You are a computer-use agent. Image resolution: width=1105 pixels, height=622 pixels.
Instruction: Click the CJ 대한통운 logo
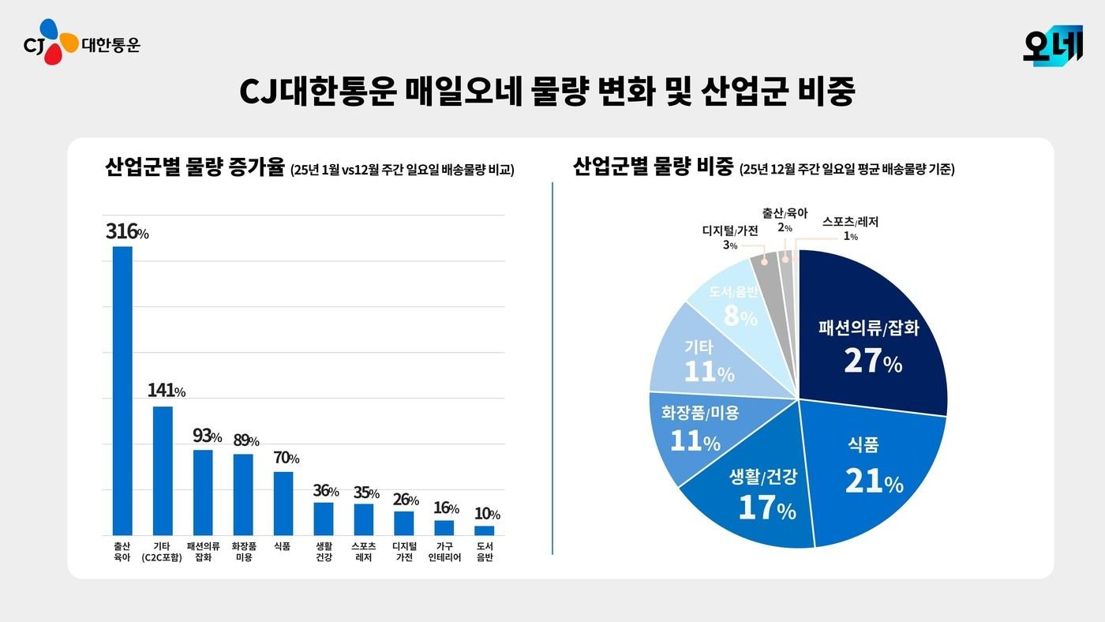[81, 43]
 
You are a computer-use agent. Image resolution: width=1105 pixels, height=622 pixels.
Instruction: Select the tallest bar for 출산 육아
[122, 390]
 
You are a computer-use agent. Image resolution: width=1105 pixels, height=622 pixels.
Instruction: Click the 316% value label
[127, 232]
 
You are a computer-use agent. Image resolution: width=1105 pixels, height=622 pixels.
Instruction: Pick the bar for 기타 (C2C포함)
[163, 470]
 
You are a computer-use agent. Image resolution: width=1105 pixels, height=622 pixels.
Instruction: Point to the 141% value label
[167, 391]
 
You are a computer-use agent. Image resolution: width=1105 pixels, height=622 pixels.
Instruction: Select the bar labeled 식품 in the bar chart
[283, 503]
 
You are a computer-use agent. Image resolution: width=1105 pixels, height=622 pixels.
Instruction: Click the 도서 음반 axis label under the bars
[485, 552]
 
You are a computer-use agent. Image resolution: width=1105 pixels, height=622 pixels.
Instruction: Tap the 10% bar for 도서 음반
[485, 530]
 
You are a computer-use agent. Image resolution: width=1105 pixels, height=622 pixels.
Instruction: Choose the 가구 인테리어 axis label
[444, 552]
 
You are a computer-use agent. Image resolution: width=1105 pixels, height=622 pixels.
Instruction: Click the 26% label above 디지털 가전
[404, 500]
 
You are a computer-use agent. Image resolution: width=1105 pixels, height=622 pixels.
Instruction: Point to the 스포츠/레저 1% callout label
[849, 228]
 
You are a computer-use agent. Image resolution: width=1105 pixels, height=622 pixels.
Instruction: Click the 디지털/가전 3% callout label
[730, 237]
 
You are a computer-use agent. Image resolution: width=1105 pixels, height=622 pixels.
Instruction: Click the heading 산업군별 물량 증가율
[194, 168]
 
